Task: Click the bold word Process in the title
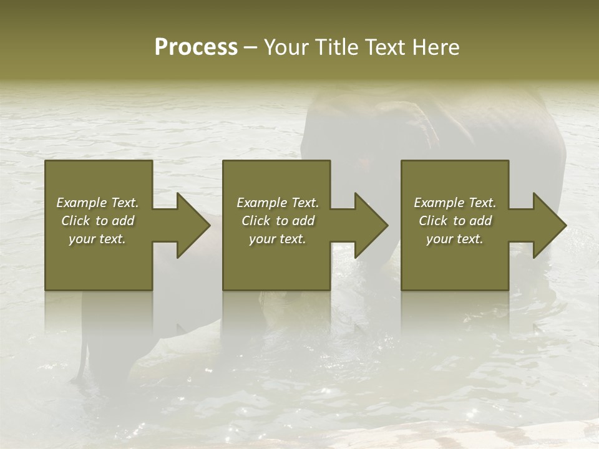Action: [196, 47]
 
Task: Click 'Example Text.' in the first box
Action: [97, 203]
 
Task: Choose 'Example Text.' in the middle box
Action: [278, 203]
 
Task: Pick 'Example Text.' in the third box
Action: [455, 203]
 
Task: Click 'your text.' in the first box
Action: [97, 239]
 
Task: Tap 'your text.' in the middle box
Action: [278, 239]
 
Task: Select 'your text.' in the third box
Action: [455, 239]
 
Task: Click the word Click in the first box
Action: [75, 221]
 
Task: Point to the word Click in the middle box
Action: [256, 221]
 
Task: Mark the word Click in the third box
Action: [433, 221]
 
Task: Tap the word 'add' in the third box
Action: [480, 221]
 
